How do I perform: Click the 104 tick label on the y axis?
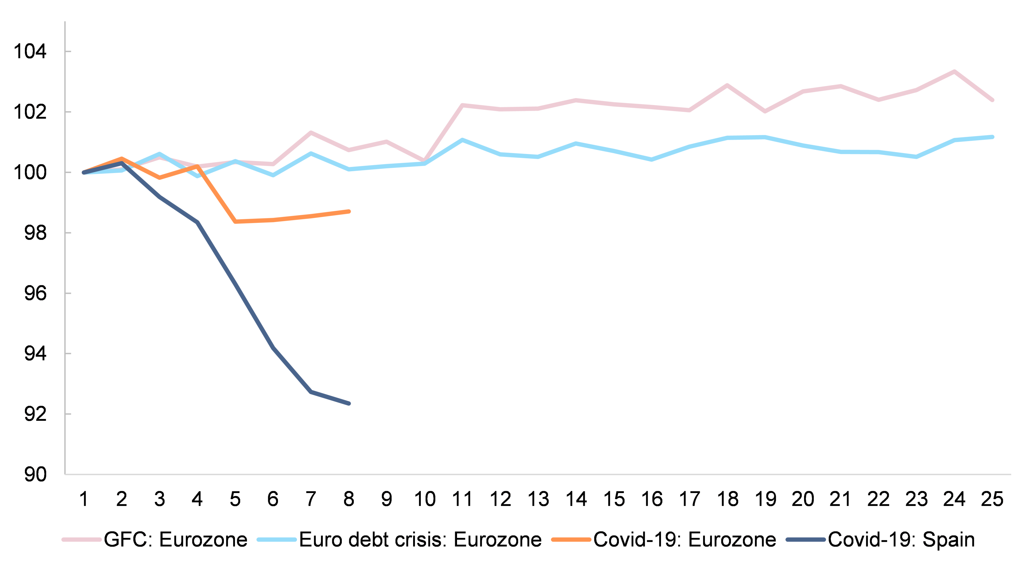pyautogui.click(x=30, y=52)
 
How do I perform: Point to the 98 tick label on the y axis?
pyautogui.click(x=35, y=233)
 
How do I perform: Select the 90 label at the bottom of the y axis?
pyautogui.click(x=35, y=475)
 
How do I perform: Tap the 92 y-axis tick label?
pyautogui.click(x=35, y=414)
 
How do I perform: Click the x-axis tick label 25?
pyautogui.click(x=992, y=499)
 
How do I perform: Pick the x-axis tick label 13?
pyautogui.click(x=538, y=499)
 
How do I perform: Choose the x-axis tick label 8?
pyautogui.click(x=349, y=499)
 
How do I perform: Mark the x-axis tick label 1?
pyautogui.click(x=84, y=499)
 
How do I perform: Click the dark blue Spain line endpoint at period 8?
pyautogui.click(x=349, y=403)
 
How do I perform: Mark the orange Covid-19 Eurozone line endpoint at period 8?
pyautogui.click(x=349, y=211)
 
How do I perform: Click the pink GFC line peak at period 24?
pyautogui.click(x=954, y=71)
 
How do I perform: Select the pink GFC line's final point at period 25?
pyautogui.click(x=992, y=100)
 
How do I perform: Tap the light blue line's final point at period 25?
pyautogui.click(x=992, y=137)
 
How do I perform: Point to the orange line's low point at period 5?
pyautogui.click(x=235, y=221)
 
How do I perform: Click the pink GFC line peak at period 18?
pyautogui.click(x=727, y=85)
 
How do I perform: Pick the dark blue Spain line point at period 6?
pyautogui.click(x=273, y=348)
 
